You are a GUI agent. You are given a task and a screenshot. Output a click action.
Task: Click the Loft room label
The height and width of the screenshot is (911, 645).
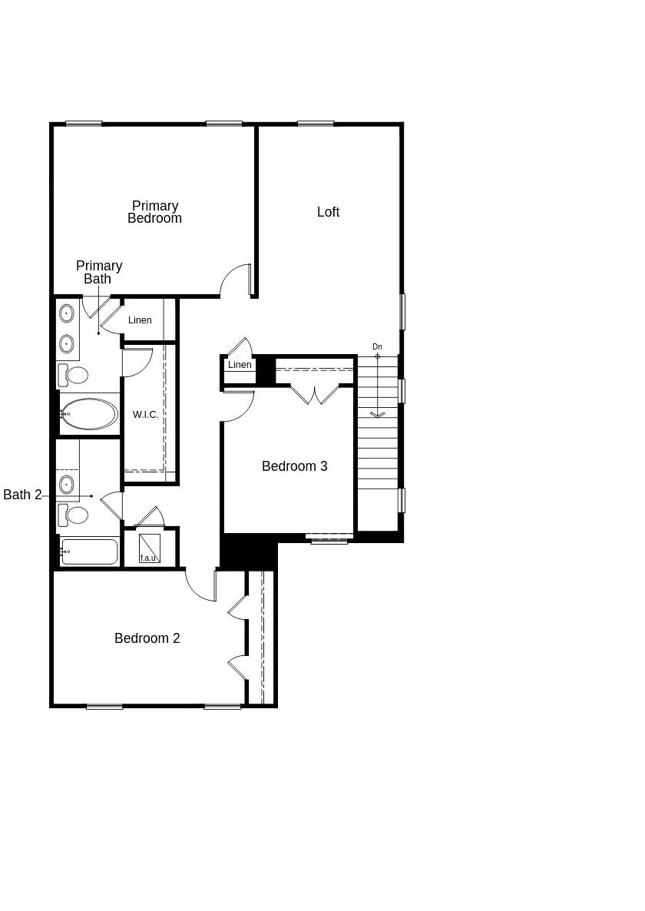[x=328, y=212]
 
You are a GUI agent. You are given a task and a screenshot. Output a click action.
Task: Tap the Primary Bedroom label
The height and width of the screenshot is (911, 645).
[x=154, y=212]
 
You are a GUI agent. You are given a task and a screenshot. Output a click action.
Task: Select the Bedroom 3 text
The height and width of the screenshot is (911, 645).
[x=294, y=466]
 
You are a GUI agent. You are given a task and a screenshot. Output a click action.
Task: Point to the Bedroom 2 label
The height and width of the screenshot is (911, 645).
[x=147, y=638]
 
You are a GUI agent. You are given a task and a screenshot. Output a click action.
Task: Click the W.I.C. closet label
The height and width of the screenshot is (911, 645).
[x=145, y=415]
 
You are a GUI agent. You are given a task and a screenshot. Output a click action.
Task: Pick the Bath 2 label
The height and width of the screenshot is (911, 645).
[x=22, y=495]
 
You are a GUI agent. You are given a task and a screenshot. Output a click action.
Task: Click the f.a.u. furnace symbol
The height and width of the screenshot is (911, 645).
[x=149, y=548]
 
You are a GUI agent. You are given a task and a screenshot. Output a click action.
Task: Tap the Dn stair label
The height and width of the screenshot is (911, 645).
[x=377, y=346]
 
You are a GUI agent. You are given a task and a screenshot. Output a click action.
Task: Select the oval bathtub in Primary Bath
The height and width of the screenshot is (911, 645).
[x=89, y=414]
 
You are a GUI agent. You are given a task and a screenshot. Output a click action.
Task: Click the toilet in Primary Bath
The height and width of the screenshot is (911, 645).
[x=74, y=375]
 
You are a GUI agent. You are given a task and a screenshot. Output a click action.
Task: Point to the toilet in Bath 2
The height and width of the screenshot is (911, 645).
[x=74, y=515]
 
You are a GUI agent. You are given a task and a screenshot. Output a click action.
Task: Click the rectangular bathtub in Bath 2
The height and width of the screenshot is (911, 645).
[x=89, y=552]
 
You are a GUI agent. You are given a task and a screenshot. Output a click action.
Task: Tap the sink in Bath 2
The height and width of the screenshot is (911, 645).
[x=67, y=484]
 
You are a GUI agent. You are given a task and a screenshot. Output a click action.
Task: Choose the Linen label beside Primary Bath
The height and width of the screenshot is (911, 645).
[x=140, y=320]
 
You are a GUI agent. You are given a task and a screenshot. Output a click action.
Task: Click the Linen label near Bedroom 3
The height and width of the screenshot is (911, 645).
[x=240, y=365]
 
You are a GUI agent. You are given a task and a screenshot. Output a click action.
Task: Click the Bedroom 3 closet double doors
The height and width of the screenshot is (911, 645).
[x=315, y=395]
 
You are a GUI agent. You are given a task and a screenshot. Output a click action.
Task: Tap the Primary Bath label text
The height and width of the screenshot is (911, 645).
[x=98, y=272]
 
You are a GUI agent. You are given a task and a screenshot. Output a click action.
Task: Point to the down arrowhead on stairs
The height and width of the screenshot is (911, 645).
[x=377, y=415]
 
